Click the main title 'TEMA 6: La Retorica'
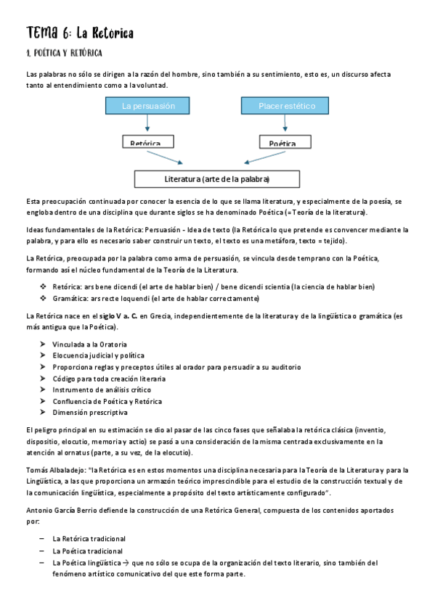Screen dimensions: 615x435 80,33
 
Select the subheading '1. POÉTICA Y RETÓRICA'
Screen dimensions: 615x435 64,54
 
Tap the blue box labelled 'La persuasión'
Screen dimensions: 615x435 149,106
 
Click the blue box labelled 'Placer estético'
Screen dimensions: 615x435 287,106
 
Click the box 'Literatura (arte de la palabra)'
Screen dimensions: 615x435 217,178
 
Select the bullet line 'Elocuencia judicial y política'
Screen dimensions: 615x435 98,355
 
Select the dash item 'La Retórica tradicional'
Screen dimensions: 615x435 89,539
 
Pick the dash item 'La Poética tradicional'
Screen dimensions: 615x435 87,550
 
